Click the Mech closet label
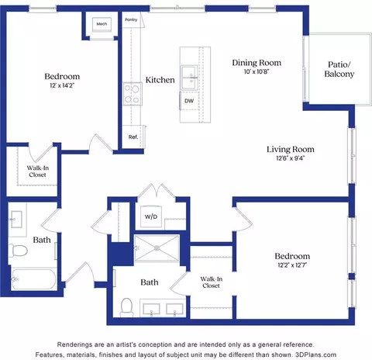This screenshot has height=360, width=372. pyautogui.click(x=102, y=24)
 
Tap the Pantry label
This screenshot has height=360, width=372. pyautogui.click(x=131, y=19)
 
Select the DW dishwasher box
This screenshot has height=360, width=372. pyautogui.click(x=189, y=101)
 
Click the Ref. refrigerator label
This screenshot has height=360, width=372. pyautogui.click(x=133, y=137)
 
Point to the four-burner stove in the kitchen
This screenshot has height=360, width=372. pyautogui.click(x=133, y=94)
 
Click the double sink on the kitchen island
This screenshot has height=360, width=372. pyautogui.click(x=189, y=78)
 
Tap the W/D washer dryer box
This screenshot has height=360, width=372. pyautogui.click(x=151, y=216)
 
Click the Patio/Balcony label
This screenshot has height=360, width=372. pyautogui.click(x=339, y=69)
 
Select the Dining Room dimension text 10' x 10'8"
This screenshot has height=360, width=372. pyautogui.click(x=257, y=71)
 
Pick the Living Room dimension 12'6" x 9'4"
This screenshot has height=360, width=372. pyautogui.click(x=291, y=158)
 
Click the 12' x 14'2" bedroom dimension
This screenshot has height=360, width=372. pyautogui.click(x=62, y=85)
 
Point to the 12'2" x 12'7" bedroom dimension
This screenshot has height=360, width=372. pyautogui.click(x=292, y=265)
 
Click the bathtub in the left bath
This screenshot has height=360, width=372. pyautogui.click(x=34, y=279)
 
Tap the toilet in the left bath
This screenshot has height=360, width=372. pyautogui.click(x=18, y=251)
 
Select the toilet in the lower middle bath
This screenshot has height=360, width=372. pyautogui.click(x=126, y=307)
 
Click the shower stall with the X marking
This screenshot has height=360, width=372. pyautogui.click(x=157, y=248)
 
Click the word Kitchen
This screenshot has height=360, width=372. pyautogui.click(x=160, y=80)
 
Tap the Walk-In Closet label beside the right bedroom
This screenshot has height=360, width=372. pyautogui.click(x=211, y=282)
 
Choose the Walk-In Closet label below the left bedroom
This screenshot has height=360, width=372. pyautogui.click(x=38, y=171)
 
